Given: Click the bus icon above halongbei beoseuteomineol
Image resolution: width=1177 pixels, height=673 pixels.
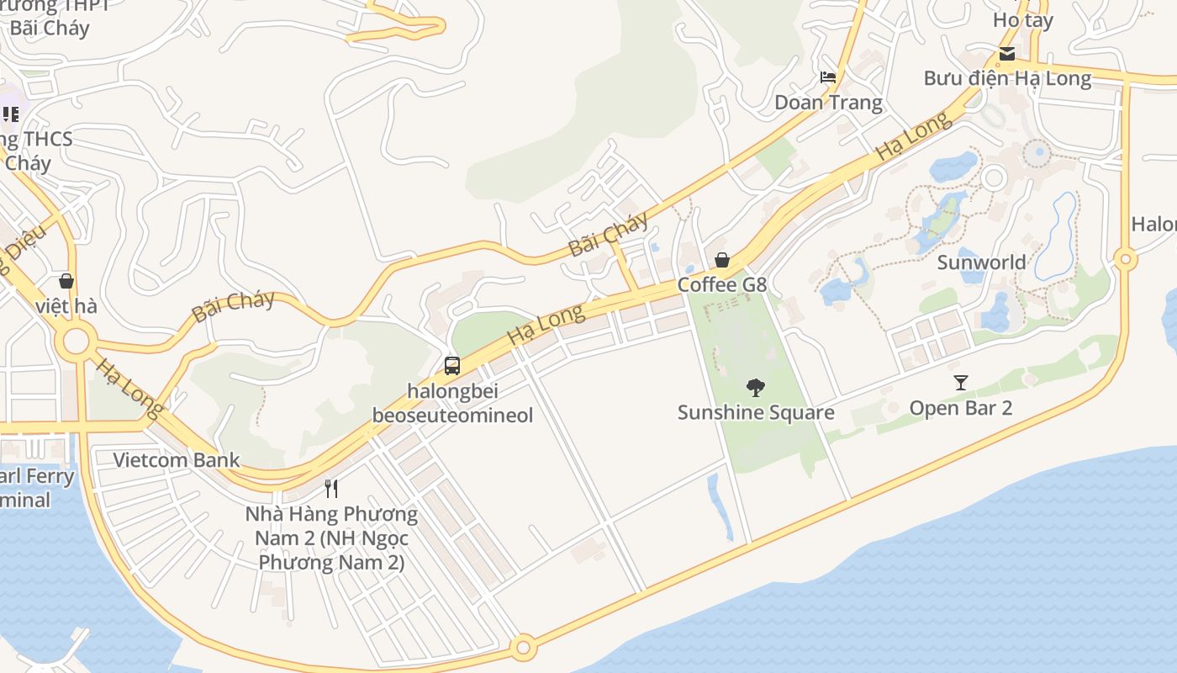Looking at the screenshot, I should click(452, 366).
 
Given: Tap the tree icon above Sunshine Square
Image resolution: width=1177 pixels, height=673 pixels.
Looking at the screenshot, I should click(756, 388).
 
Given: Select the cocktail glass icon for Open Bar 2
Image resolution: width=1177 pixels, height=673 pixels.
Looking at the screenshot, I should click(961, 383).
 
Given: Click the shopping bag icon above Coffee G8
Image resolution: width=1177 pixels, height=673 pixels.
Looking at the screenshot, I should click(722, 260).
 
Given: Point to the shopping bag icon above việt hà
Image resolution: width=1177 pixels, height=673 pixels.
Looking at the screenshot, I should click(66, 281).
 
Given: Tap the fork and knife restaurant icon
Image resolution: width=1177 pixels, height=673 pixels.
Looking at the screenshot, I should click(332, 489).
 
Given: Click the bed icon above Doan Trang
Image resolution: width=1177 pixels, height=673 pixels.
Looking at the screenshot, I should click(828, 77).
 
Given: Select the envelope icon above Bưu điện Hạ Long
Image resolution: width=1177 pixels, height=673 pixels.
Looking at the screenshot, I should click(1006, 55).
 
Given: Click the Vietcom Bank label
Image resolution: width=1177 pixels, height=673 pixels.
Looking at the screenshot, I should click(177, 460).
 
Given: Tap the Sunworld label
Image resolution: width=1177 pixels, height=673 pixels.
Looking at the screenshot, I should click(981, 262).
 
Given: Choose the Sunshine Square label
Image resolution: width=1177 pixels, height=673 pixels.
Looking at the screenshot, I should click(756, 412).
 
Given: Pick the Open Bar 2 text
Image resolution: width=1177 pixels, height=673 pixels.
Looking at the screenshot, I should click(961, 408).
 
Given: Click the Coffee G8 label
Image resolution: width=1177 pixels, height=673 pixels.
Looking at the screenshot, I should click(722, 284).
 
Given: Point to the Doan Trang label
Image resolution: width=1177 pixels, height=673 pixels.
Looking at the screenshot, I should click(828, 103).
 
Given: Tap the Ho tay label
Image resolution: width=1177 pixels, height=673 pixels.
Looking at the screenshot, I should click(1023, 20).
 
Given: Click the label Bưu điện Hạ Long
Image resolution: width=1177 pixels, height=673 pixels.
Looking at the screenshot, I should click(1007, 79).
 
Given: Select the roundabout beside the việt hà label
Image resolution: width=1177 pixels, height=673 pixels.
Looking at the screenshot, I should click(77, 342).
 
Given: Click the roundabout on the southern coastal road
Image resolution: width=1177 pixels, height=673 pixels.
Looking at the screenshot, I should click(524, 648).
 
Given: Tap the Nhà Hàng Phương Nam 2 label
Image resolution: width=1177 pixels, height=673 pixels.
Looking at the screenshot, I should click(331, 538).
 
